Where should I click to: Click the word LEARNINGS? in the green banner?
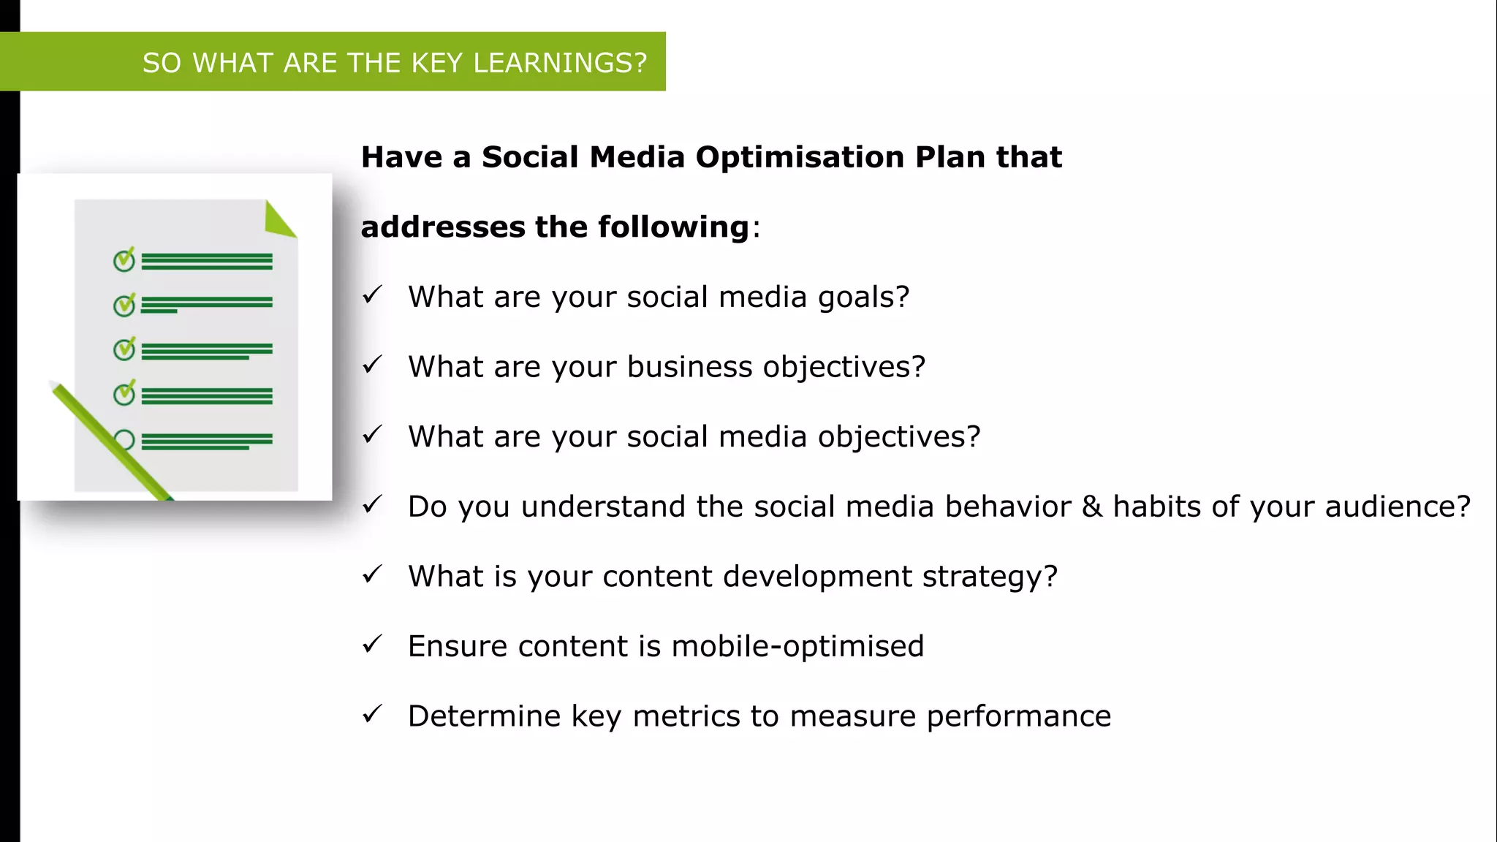[x=560, y=63]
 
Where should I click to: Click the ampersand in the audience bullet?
[x=1092, y=507]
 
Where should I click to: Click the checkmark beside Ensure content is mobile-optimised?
[x=372, y=644]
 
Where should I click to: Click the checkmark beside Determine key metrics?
[x=372, y=713]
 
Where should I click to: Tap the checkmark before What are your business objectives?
[x=372, y=364]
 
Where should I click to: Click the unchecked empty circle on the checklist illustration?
[x=125, y=440]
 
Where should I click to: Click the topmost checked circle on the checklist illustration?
[x=124, y=259]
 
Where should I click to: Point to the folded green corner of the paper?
[x=278, y=220]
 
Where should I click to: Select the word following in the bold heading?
[x=673, y=227]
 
